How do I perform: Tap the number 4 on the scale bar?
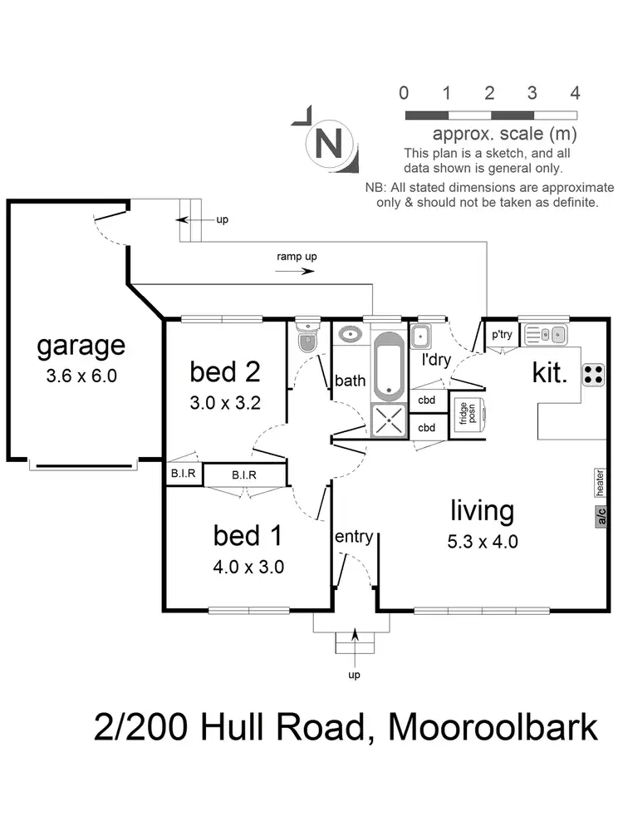(575, 92)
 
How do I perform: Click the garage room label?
(81, 345)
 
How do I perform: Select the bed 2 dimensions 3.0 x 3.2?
(225, 404)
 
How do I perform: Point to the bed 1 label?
(248, 535)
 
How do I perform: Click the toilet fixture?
(307, 337)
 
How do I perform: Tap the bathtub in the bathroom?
(387, 366)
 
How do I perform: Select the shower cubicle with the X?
(387, 420)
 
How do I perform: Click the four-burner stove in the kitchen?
(593, 375)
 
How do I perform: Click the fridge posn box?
(467, 413)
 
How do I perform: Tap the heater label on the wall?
(599, 479)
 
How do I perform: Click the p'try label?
(501, 335)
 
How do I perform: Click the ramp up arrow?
(297, 271)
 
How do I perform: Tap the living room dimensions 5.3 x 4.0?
(483, 542)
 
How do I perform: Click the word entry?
(353, 537)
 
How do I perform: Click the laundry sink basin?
(420, 337)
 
